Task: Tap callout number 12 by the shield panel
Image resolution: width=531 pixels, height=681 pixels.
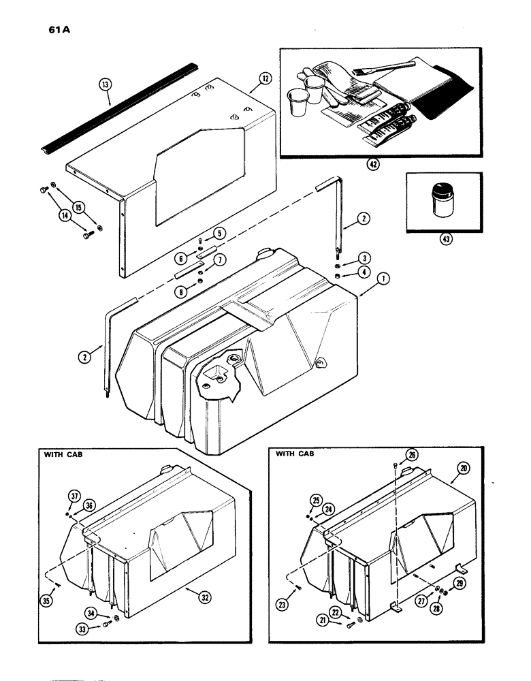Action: point(264,78)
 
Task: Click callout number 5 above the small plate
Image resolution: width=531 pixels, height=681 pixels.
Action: point(219,233)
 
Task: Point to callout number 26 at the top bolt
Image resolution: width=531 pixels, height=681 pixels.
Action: point(412,455)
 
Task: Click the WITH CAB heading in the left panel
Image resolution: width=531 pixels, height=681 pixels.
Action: point(64,452)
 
